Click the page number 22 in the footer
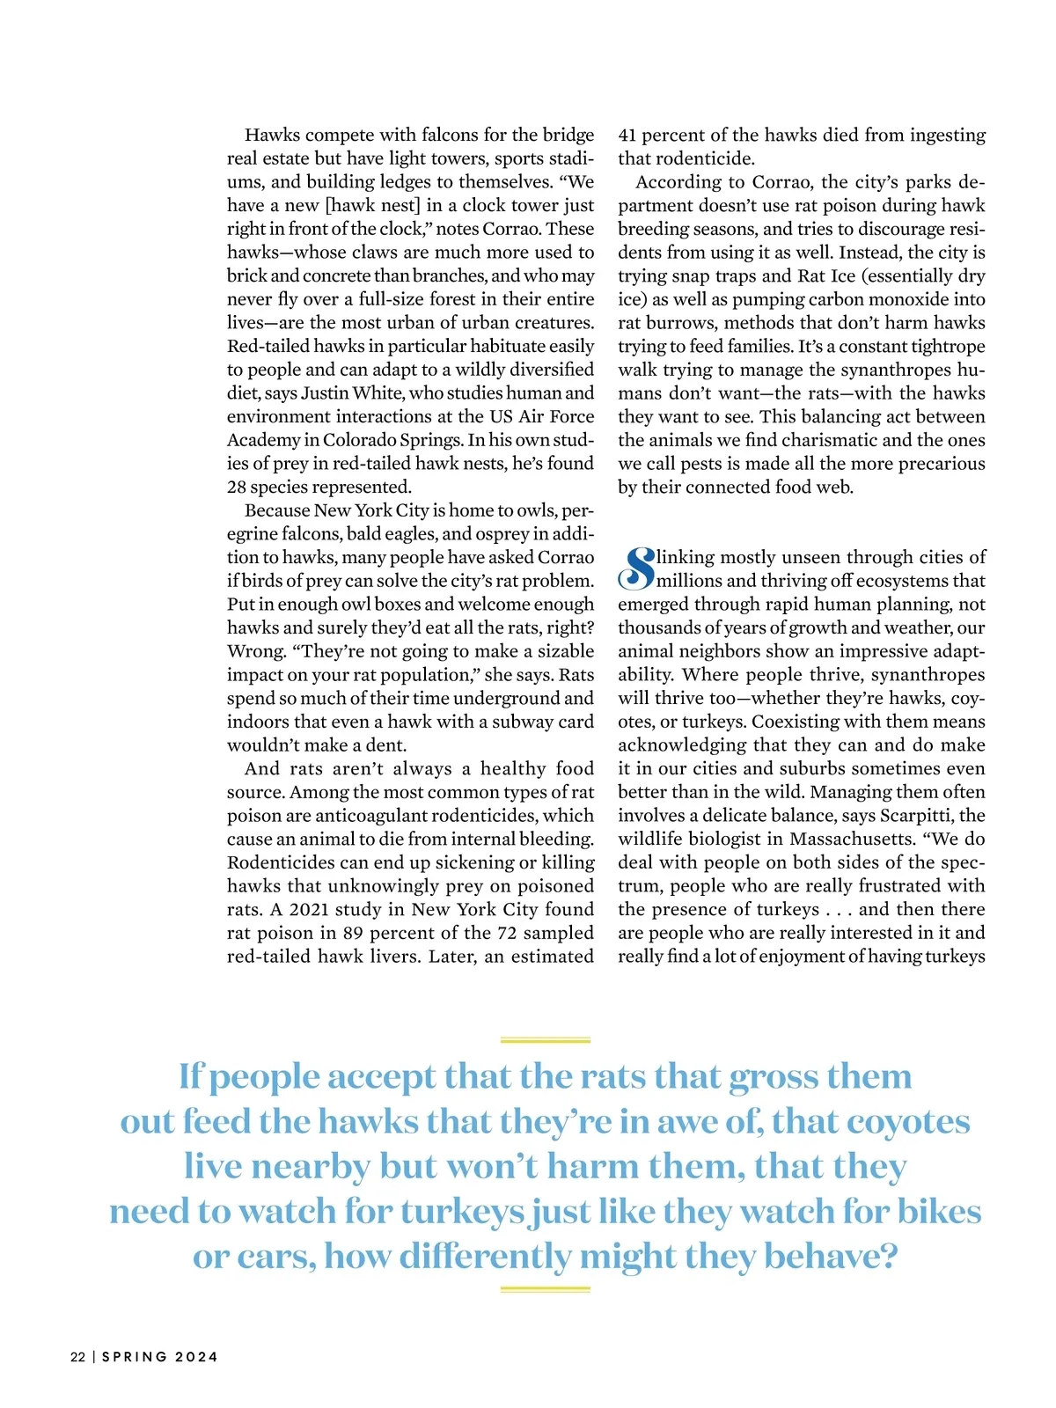pos(77,1357)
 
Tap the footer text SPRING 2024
pos(160,1357)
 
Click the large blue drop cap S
pos(636,568)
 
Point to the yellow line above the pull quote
pos(545,1040)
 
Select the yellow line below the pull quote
pos(545,1289)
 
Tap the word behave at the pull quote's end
pos(820,1257)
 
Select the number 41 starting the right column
pos(627,136)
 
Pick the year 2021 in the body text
pos(310,910)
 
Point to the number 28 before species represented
pos(237,488)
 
